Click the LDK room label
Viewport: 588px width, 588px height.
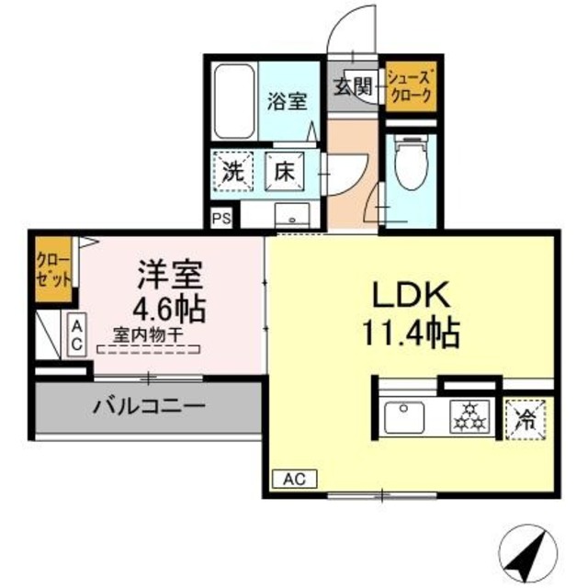click(409, 296)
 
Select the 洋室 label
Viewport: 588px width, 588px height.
click(170, 274)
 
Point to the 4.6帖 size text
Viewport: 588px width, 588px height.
click(170, 305)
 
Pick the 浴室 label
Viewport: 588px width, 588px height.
click(287, 101)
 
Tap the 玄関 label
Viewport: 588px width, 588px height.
click(352, 88)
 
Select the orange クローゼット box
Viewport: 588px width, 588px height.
click(52, 268)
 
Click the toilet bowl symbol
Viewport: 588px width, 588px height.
click(405, 165)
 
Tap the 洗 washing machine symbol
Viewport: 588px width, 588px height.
click(233, 171)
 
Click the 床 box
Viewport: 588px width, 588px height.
click(284, 171)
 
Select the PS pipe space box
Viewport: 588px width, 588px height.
click(220, 218)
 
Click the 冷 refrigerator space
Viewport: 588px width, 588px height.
click(526, 420)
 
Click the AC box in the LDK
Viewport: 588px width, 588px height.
click(294, 478)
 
